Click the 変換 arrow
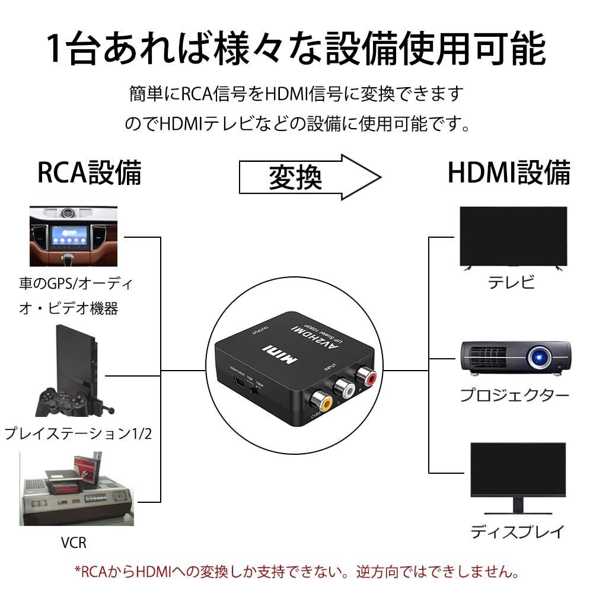[x=309, y=176]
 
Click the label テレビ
[x=511, y=282]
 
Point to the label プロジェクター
[x=515, y=395]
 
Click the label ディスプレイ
[x=516, y=531]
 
